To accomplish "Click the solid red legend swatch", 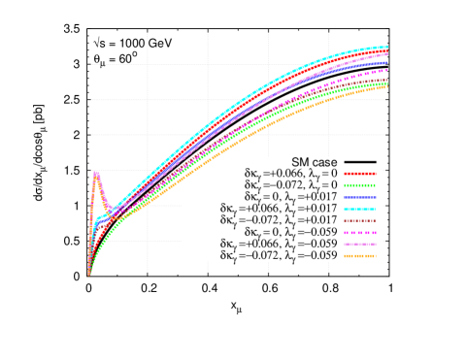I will (359, 174).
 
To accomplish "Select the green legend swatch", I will (359, 185).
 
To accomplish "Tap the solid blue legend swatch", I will (359, 197).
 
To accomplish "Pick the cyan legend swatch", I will (359, 209).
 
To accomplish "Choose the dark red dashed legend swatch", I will (359, 220).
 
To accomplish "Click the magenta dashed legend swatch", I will (359, 233).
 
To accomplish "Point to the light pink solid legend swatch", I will (359, 245).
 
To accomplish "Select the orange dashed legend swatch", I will (359, 256).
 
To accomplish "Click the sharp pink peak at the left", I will (96, 172).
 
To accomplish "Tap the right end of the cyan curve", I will (386, 47).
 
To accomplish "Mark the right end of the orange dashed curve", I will (386, 87).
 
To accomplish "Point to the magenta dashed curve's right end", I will (386, 71).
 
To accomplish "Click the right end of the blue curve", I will (386, 62).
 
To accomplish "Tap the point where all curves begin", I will (88, 276).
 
